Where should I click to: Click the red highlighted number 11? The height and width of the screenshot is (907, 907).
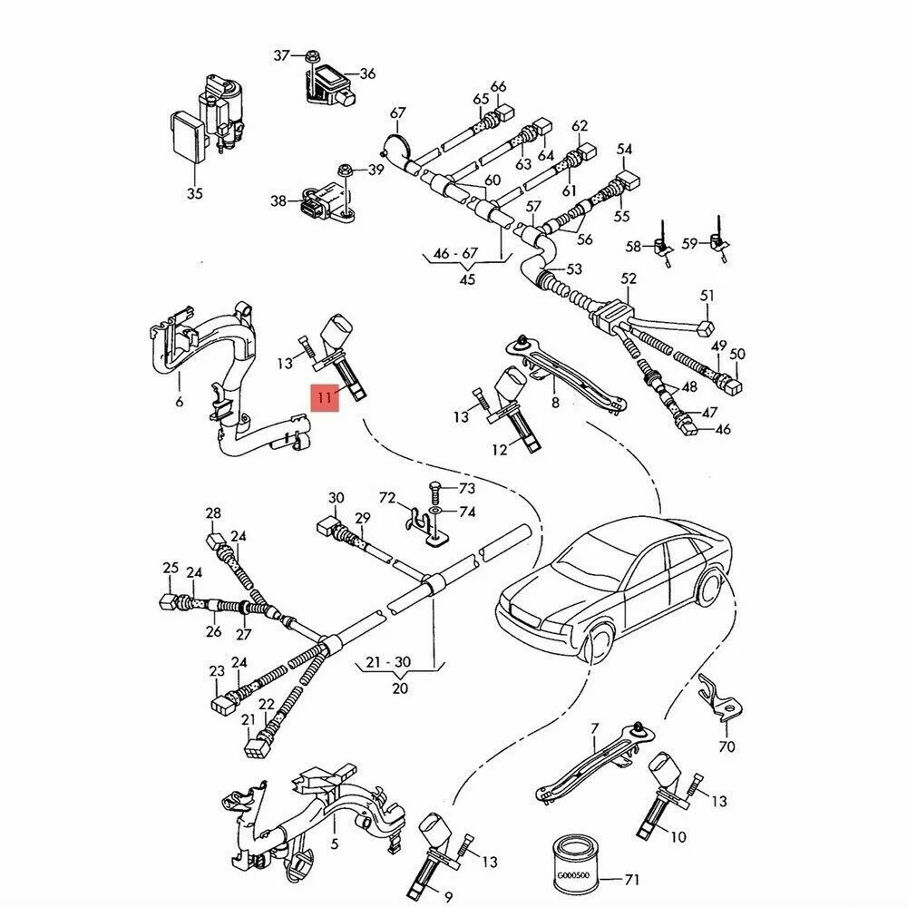click(x=324, y=397)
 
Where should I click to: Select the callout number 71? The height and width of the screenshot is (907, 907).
click(x=631, y=880)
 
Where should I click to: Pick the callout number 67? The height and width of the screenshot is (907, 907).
click(x=397, y=113)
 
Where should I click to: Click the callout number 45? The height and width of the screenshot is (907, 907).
click(x=467, y=279)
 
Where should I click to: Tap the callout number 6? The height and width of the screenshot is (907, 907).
click(x=179, y=401)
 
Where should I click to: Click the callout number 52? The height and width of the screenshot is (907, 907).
click(x=629, y=279)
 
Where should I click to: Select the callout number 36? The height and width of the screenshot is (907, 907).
click(x=366, y=73)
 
